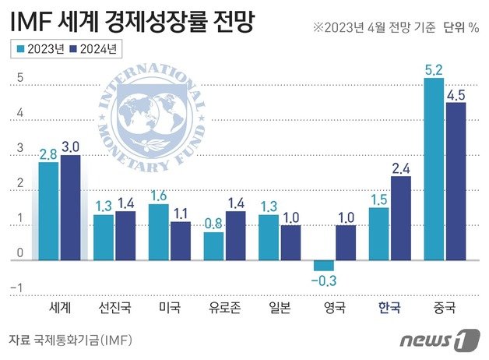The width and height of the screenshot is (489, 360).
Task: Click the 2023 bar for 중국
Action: tap(434, 168)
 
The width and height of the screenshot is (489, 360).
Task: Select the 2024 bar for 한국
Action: tap(400, 218)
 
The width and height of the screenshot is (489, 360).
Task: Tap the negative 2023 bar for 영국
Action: tap(324, 265)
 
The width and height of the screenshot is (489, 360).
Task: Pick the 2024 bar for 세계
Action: tap(70, 207)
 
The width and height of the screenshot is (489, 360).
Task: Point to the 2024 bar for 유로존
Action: tap(234, 235)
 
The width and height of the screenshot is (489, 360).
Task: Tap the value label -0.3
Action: tap(323, 280)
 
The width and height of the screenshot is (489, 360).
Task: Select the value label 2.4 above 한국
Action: tap(401, 168)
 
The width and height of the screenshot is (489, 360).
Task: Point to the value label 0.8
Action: tap(213, 223)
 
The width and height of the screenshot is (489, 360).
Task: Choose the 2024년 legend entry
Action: tap(93, 49)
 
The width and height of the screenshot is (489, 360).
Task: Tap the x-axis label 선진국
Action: tap(114, 307)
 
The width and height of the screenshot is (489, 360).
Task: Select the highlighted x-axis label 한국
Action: tap(389, 307)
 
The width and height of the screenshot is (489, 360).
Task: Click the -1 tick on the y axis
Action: tap(19, 289)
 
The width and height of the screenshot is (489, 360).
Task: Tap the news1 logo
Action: tap(439, 340)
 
